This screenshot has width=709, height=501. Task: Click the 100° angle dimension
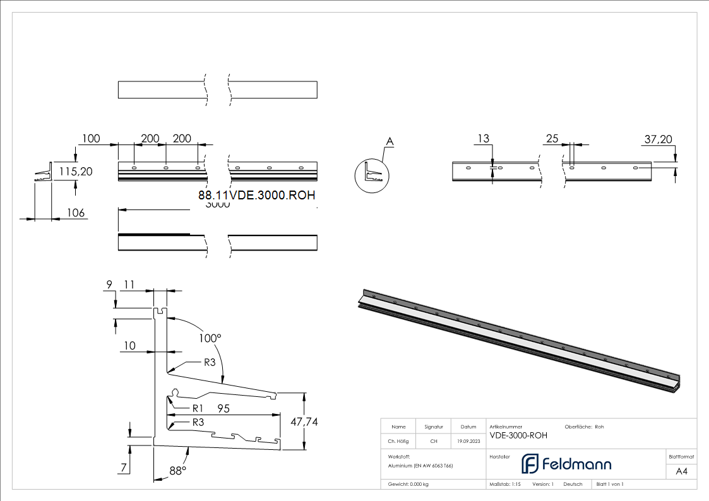(210, 338)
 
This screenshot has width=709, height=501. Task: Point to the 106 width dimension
(76, 213)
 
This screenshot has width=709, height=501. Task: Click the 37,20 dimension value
(658, 139)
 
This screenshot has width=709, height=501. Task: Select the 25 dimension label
(552, 139)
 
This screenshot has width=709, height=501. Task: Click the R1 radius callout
(198, 408)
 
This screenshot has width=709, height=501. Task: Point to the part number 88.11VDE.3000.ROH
(256, 196)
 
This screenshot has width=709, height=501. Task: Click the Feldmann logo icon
(529, 464)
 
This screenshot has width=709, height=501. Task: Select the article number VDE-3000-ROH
(518, 435)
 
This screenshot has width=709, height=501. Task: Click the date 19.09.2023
(468, 442)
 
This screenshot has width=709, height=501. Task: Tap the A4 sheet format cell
(681, 471)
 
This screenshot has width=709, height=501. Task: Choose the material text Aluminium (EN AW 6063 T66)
(420, 465)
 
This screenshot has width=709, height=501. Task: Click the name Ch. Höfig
(398, 442)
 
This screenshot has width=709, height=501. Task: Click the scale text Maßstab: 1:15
(505, 484)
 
